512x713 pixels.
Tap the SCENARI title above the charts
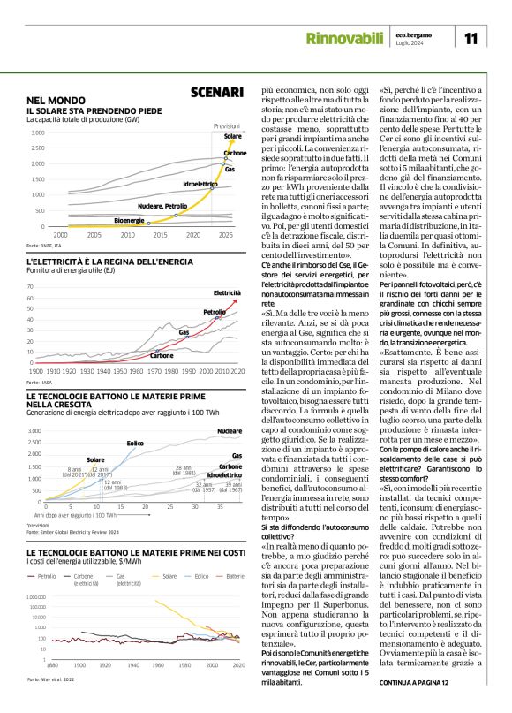point(216,92)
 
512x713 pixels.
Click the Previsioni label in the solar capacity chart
point(227,126)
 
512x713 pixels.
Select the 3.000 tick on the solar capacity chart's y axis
point(36,133)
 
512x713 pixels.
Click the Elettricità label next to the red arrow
point(227,292)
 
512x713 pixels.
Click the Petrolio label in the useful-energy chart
point(214,312)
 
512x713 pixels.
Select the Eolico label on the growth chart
point(135,443)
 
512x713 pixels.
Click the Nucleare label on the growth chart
point(230,430)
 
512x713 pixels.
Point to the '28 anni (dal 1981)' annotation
point(184,470)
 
